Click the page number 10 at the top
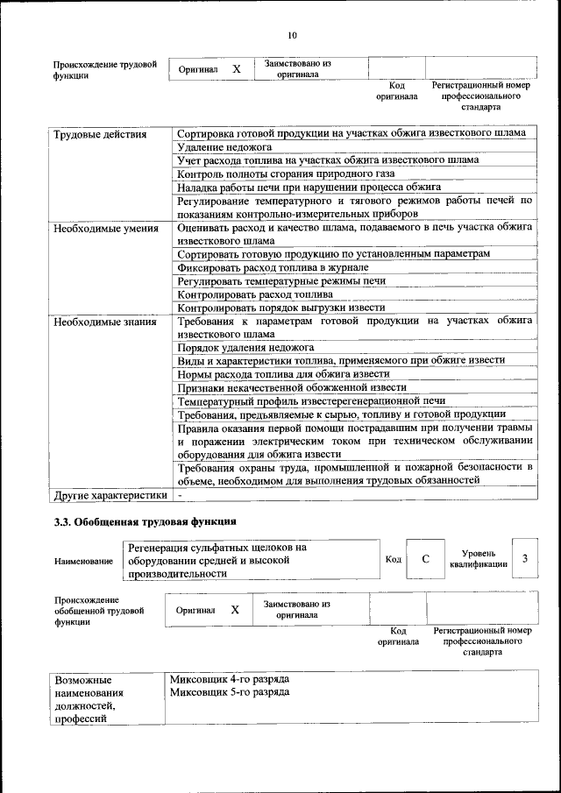[292, 35]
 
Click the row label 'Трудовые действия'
[98, 134]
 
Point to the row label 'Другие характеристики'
[110, 495]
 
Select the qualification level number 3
[524, 559]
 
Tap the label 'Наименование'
[83, 561]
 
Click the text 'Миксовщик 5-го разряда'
[229, 692]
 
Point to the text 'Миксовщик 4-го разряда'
[229, 679]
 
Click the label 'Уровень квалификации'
[479, 559]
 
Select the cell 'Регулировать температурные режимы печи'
[280, 281]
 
